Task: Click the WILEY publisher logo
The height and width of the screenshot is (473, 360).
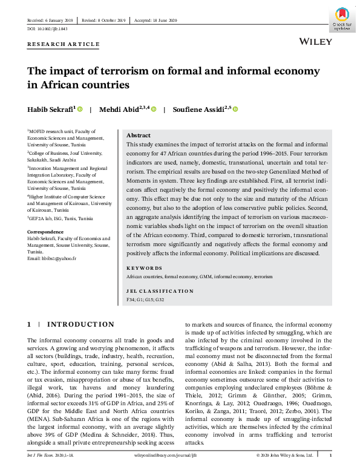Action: (x=316, y=42)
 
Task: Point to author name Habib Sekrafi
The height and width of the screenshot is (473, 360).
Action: (x=50, y=109)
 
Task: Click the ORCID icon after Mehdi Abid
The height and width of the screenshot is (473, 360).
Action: (x=154, y=109)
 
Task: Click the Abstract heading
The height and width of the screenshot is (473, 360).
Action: (x=139, y=135)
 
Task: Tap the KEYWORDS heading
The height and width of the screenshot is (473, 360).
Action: (x=144, y=268)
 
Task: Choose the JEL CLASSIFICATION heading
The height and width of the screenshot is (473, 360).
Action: (x=160, y=291)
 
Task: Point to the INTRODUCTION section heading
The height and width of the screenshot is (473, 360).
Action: (x=80, y=325)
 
